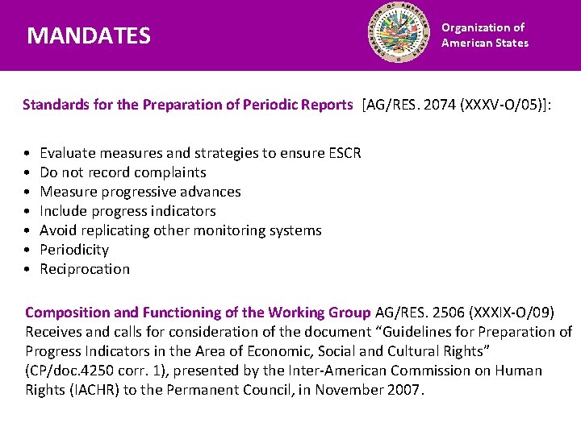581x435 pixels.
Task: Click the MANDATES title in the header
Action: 89,35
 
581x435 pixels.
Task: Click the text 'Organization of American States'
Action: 484,35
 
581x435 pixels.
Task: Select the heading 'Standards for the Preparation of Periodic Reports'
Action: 187,105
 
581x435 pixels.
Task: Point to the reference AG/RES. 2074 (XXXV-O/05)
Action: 456,105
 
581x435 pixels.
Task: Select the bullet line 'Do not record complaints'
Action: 123,172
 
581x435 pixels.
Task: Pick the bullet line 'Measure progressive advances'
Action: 140,192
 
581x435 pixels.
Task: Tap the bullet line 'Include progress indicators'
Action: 127,211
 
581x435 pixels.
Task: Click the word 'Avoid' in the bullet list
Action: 57,230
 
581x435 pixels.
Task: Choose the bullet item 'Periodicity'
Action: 74,250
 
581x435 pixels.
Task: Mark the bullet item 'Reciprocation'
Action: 85,269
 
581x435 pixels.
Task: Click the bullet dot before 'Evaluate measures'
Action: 28,153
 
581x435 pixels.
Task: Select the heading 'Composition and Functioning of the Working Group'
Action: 198,313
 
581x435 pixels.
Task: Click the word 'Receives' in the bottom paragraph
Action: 54,332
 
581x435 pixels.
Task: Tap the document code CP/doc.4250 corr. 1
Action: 102,371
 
